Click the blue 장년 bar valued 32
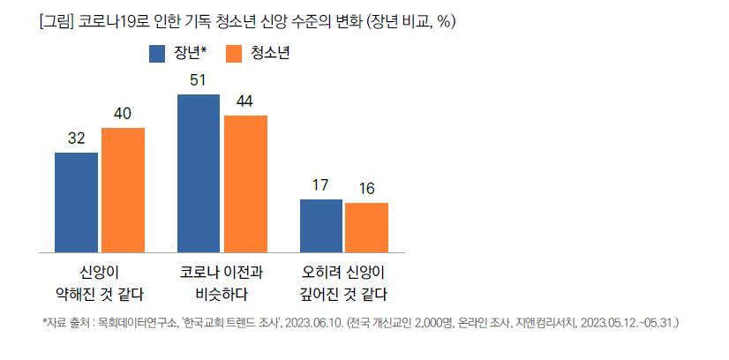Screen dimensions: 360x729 tap(76, 201)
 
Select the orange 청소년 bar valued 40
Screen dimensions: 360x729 tap(123, 189)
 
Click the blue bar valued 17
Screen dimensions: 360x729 tap(321, 225)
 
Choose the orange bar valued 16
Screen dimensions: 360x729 tap(367, 227)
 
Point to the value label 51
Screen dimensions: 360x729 tap(198, 80)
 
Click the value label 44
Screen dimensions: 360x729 tap(244, 101)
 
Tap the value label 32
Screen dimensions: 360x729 tap(76, 139)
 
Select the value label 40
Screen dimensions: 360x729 tap(123, 115)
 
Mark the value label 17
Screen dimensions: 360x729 tap(320, 185)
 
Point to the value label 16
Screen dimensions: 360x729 tap(367, 189)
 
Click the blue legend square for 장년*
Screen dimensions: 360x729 tap(158, 55)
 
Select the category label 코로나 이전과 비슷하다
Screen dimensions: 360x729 tap(222, 282)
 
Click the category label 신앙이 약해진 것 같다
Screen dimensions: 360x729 tap(100, 282)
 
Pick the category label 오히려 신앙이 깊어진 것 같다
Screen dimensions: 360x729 tap(343, 282)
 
